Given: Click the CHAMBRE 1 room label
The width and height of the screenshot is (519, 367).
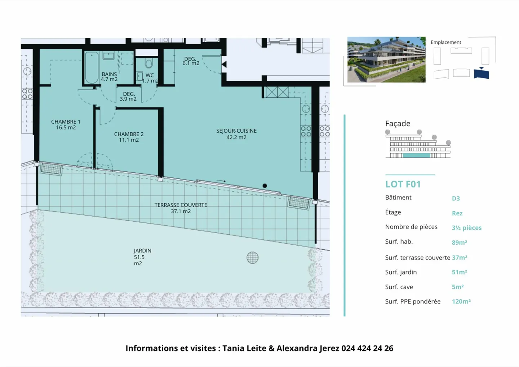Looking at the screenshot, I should coord(66,125).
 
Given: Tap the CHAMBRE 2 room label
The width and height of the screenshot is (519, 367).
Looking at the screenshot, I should coord(129,137).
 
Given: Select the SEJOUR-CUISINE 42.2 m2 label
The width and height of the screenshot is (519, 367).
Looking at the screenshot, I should coord(236,134).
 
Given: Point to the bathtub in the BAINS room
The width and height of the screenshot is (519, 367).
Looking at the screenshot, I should coord(92,68).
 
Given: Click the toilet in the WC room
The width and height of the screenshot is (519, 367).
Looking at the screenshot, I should coord(148,64).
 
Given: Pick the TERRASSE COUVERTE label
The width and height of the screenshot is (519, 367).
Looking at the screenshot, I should coord(181,208).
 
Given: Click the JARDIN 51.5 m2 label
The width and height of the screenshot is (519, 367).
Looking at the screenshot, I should coord(142,257).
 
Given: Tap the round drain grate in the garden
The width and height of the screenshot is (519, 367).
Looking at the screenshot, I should coord(252,257).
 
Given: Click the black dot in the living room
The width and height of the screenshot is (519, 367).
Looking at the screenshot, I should coord(265,186).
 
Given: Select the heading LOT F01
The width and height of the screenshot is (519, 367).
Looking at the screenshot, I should coord(403,184).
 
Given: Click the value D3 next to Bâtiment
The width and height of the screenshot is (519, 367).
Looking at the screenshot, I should coord(456,198).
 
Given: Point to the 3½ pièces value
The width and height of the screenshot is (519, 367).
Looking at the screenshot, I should coord(466,228).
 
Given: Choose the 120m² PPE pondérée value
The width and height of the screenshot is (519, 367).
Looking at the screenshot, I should coord(461,301).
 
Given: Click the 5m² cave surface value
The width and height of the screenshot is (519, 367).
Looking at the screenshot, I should coord(457,287).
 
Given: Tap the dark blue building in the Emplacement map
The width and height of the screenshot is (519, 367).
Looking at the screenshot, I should coord(481,74).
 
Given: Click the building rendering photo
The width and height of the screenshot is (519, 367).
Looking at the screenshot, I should coord(386,59).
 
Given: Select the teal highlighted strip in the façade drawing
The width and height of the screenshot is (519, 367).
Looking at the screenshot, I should coord(416,156).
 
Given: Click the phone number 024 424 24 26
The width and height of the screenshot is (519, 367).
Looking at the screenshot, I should coord(367,348).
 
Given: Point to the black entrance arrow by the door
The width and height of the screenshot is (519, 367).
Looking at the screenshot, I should coord(224,65).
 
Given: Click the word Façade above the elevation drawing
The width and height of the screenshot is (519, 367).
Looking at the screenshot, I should coord(398,124).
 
